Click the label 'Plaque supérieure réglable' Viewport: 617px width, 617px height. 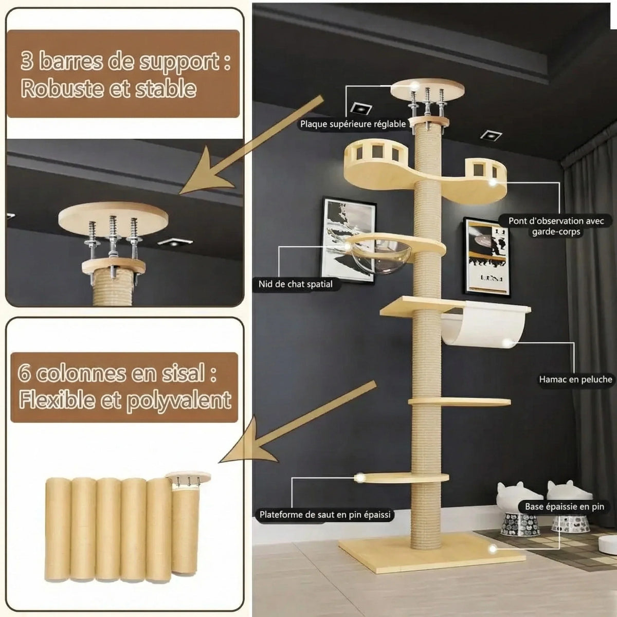(x=353, y=124)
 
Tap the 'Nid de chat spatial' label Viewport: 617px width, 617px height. (x=295, y=284)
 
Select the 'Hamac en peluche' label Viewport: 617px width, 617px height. (x=575, y=379)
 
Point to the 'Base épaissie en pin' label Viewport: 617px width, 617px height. (x=564, y=506)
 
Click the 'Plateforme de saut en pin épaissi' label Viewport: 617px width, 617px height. (x=325, y=514)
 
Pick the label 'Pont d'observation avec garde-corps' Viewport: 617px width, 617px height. (x=556, y=226)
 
